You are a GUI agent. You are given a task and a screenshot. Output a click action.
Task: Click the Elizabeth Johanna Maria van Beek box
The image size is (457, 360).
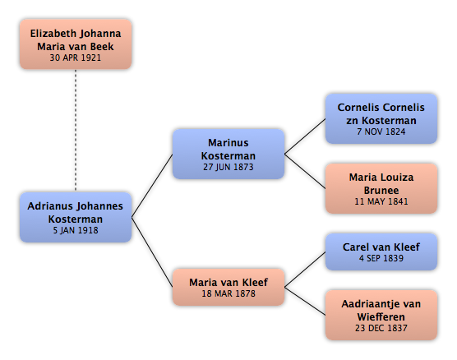click(x=76, y=44)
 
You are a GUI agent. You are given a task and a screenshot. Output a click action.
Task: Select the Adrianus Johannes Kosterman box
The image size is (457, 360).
click(x=76, y=217)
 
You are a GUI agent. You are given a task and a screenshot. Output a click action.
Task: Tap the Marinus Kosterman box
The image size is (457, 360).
click(x=228, y=154)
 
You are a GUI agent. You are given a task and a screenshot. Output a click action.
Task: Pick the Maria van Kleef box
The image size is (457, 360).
click(x=228, y=287)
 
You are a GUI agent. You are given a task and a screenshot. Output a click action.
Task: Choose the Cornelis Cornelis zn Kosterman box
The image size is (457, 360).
click(x=381, y=118)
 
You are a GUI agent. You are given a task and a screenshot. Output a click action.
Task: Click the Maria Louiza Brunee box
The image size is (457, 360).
click(x=381, y=188)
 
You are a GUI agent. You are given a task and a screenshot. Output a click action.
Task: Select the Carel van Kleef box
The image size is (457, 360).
click(x=381, y=252)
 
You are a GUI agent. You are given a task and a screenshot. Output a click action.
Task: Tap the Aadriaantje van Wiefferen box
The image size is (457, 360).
click(x=381, y=315)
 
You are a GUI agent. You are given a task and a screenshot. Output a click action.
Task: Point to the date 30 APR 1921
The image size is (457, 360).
click(x=75, y=58)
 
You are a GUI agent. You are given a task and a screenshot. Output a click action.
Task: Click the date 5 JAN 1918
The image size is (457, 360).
click(x=76, y=230)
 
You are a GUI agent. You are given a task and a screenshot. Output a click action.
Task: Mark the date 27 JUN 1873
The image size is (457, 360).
click(x=228, y=167)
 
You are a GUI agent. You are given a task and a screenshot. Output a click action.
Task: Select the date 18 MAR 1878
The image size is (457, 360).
click(x=228, y=293)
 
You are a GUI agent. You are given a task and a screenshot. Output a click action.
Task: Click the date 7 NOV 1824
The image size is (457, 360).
click(x=381, y=132)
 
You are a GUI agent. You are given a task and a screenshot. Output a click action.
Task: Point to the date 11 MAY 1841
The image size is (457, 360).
click(x=381, y=201)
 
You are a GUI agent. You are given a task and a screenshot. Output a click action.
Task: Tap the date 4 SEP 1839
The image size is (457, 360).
click(x=381, y=258)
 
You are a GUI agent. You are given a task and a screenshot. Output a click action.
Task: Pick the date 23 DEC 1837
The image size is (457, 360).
click(x=381, y=328)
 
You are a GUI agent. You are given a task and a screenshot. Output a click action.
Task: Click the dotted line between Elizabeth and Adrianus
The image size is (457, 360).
click(x=76, y=131)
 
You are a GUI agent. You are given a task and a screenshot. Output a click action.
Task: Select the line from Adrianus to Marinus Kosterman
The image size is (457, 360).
click(x=152, y=186)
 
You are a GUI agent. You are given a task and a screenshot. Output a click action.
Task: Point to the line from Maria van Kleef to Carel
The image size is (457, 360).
click(x=305, y=270)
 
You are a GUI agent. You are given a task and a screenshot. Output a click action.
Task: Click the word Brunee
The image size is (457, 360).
click(x=381, y=191)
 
